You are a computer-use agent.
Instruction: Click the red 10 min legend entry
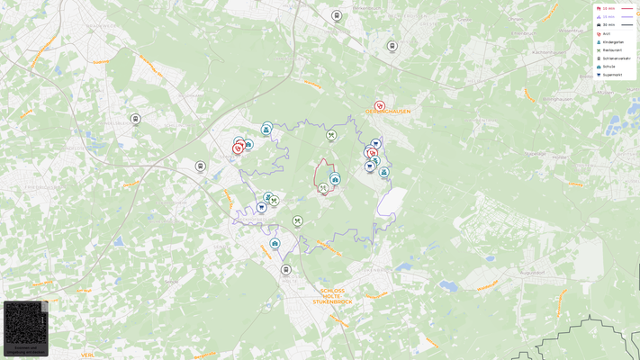click(608, 8)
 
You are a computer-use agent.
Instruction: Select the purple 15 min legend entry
click(608, 16)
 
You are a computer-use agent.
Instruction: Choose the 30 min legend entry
click(608, 24)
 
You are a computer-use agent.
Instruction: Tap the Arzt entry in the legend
click(606, 33)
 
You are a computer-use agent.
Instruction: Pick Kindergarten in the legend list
click(612, 41)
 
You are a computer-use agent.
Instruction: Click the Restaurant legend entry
click(611, 49)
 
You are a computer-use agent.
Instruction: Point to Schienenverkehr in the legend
click(615, 58)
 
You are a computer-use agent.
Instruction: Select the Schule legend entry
click(608, 66)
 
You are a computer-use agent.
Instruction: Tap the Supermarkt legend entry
click(612, 75)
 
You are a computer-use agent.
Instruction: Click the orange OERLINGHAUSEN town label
click(388, 112)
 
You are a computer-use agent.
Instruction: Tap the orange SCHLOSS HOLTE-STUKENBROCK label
click(332, 296)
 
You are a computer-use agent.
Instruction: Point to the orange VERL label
click(87, 355)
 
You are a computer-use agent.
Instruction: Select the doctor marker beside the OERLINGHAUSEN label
click(380, 106)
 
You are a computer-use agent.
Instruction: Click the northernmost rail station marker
click(337, 15)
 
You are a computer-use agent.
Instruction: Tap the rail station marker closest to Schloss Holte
click(286, 269)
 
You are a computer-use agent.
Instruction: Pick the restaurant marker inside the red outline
click(323, 188)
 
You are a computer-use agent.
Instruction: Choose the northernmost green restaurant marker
click(331, 135)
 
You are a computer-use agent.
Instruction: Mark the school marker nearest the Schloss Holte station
click(275, 244)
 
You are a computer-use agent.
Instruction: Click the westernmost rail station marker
click(135, 119)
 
